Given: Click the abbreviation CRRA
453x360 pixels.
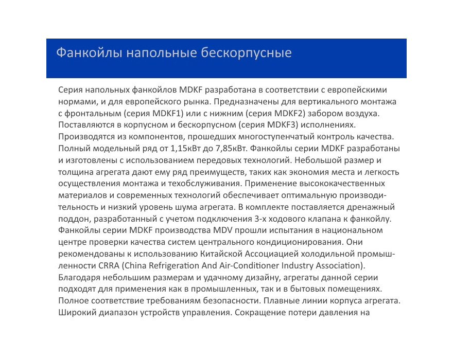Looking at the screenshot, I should [x=109, y=265].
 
